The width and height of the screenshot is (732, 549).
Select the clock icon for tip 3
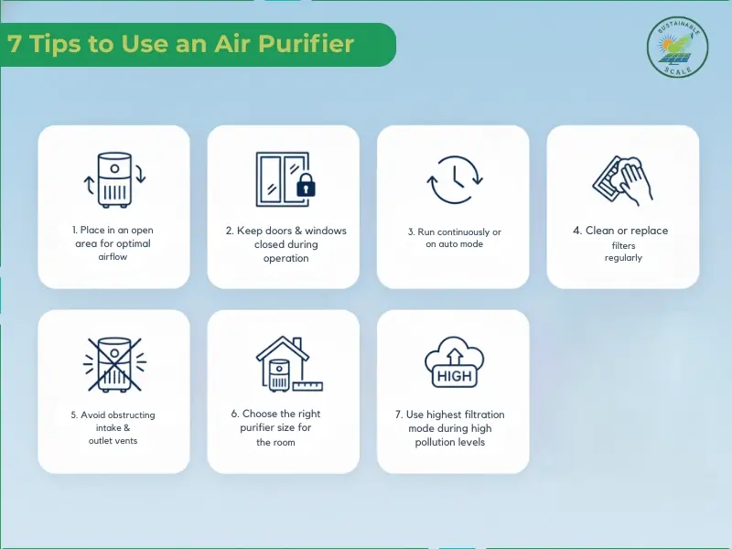(x=454, y=178)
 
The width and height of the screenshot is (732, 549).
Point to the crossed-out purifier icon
(x=114, y=363)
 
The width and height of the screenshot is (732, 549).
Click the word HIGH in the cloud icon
(x=453, y=374)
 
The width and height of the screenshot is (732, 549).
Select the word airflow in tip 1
(x=114, y=259)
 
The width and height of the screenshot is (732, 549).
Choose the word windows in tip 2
(x=324, y=231)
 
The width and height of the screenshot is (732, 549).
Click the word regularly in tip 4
(x=623, y=258)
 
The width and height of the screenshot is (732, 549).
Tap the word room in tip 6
(x=284, y=442)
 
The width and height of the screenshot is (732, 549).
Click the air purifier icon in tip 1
(x=114, y=179)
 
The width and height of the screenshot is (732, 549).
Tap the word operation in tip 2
(x=284, y=258)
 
